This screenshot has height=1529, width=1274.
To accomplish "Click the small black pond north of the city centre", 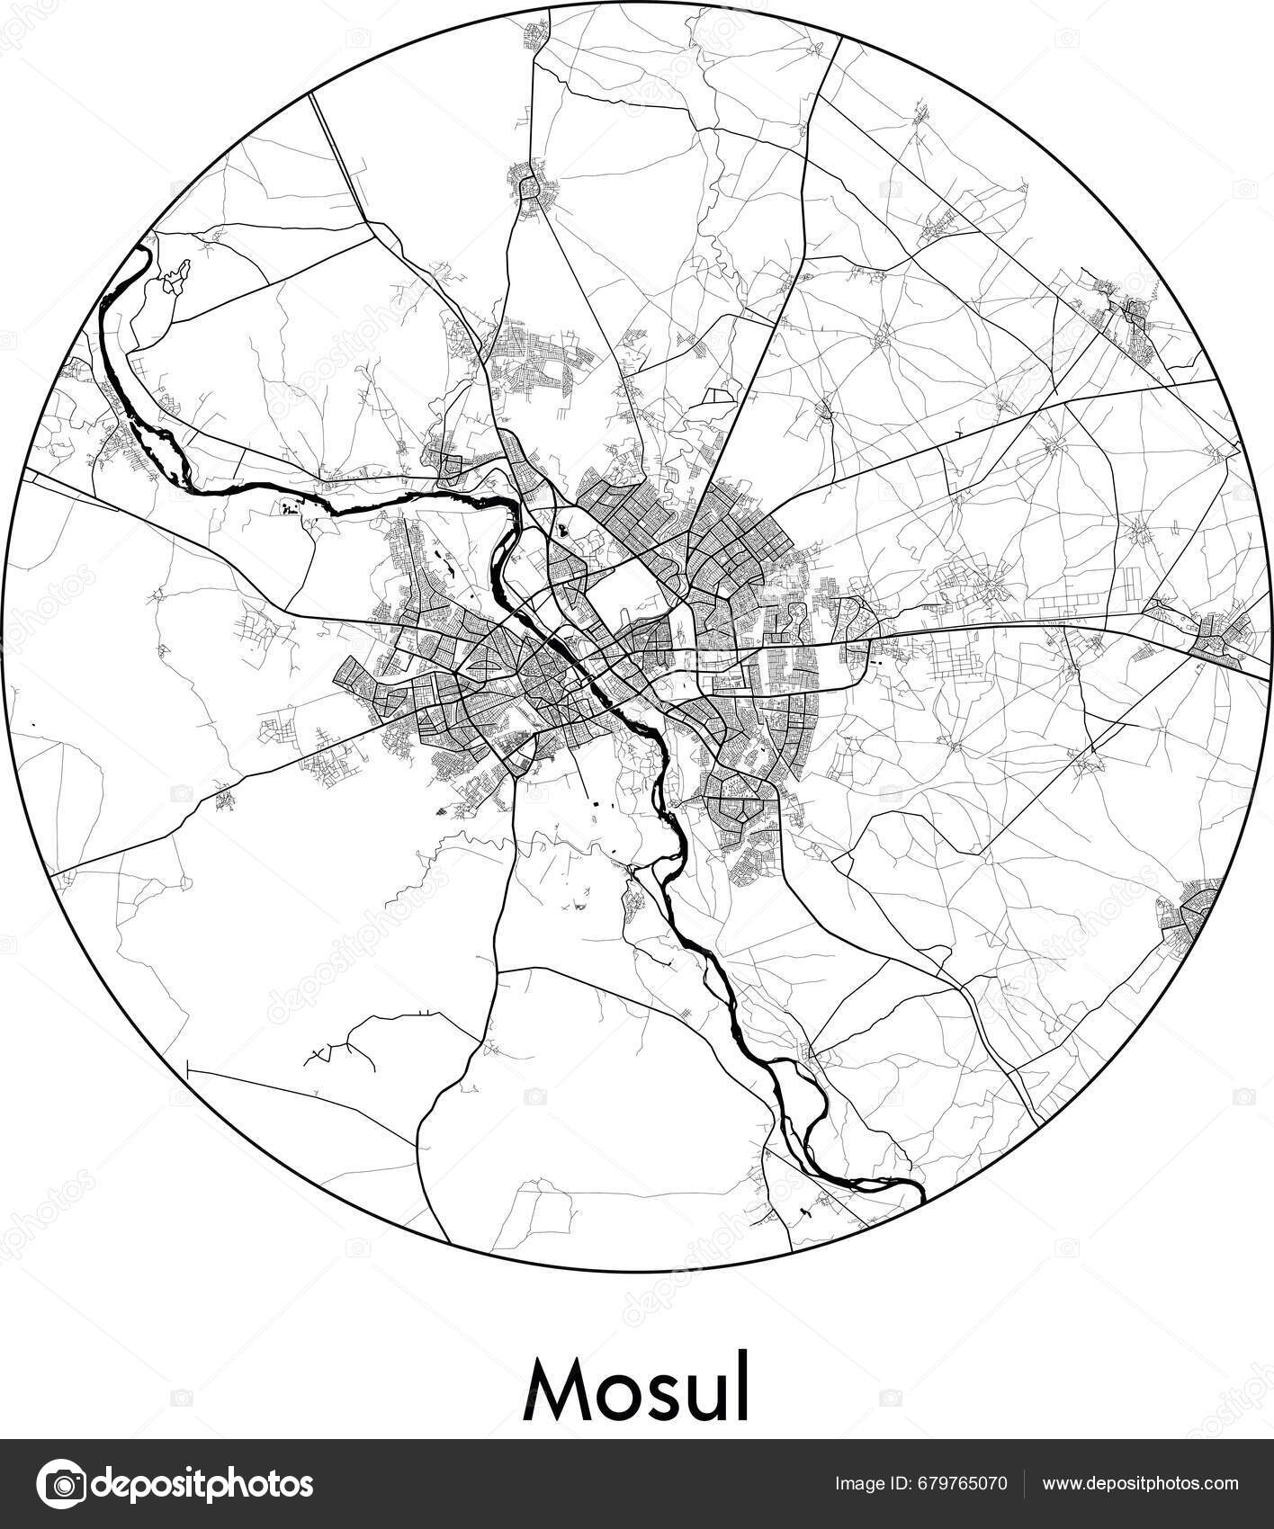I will point(562,531).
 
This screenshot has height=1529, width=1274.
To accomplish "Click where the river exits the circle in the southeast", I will point(921,1197).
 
